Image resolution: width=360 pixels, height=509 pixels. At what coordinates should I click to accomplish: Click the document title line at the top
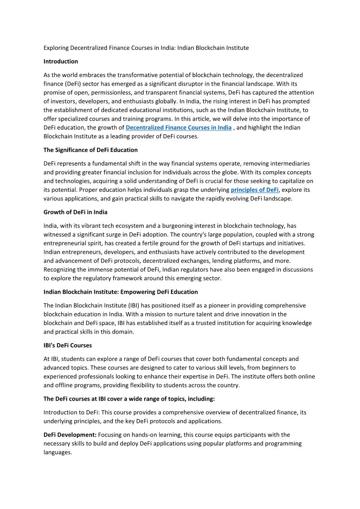[x=146, y=48]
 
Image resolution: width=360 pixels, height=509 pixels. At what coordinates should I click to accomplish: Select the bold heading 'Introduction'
[x=61, y=61]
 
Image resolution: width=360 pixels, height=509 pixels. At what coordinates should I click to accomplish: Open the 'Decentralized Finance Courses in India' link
[x=179, y=127]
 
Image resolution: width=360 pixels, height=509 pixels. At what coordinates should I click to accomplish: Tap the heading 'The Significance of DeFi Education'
[x=91, y=150]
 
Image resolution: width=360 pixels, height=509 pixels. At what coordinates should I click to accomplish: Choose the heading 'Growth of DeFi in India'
[x=75, y=212]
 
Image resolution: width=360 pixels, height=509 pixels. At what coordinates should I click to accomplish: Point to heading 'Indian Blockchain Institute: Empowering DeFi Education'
[x=121, y=291]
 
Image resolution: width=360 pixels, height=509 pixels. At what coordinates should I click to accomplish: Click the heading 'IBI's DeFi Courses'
[x=68, y=345]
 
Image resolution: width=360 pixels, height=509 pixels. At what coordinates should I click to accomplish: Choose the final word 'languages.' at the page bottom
[x=58, y=452]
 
